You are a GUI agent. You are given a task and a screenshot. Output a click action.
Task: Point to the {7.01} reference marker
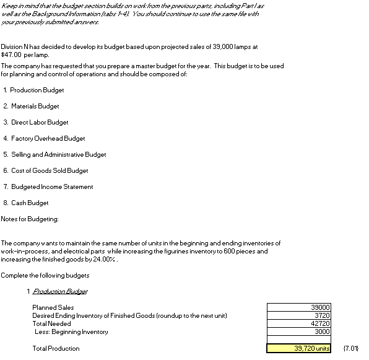click(351, 348)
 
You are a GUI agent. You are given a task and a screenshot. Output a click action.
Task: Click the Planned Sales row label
click(53, 307)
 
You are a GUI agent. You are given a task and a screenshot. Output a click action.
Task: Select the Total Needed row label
click(51, 323)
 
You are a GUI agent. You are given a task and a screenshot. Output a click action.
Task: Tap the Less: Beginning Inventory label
click(71, 331)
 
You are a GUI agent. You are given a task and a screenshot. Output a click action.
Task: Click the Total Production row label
click(56, 348)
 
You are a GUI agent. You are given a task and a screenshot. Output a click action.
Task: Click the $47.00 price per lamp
click(11, 55)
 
